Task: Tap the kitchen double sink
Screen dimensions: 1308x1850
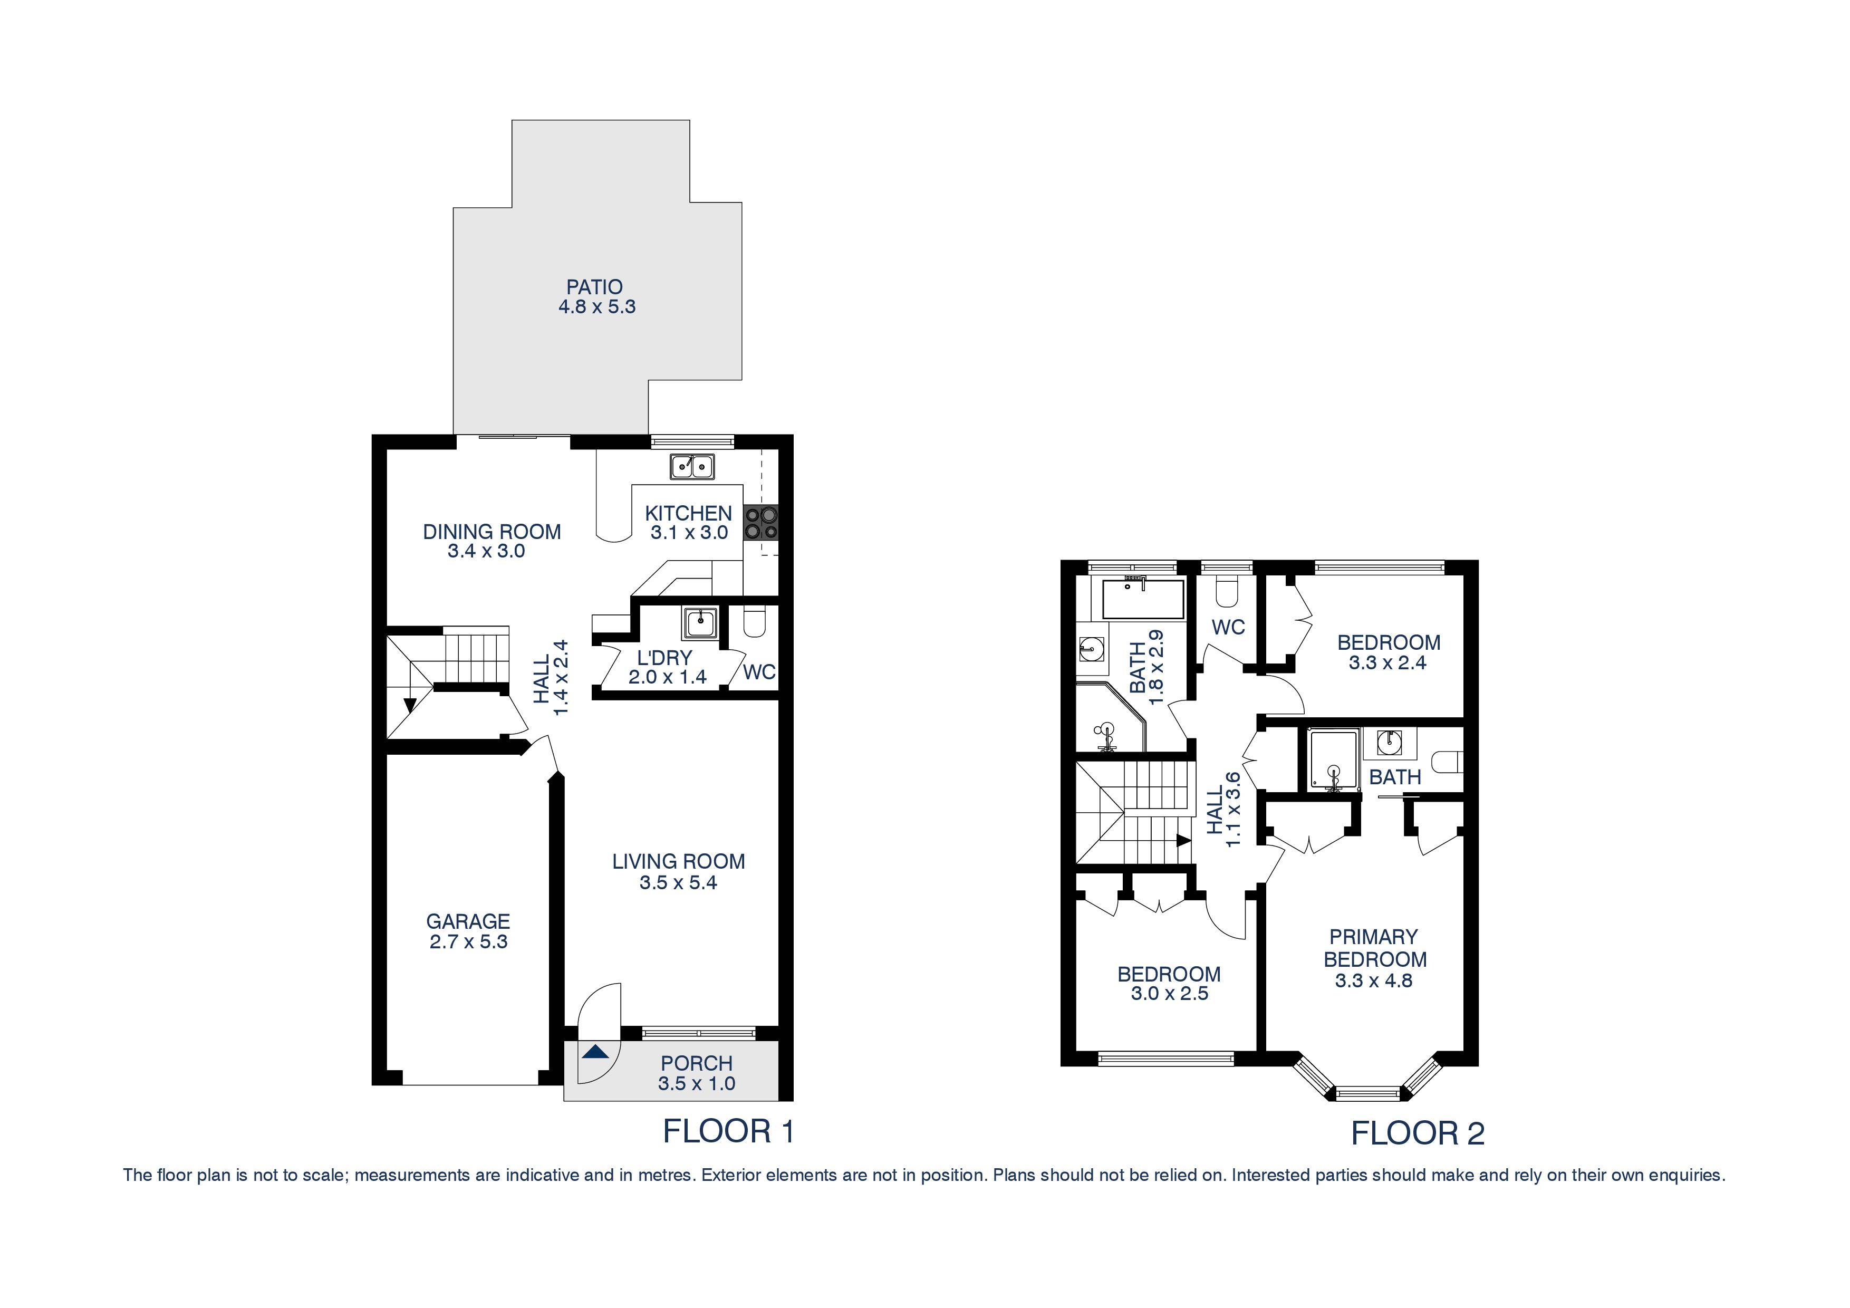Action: click(692, 466)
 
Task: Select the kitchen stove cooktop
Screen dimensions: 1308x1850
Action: click(760, 522)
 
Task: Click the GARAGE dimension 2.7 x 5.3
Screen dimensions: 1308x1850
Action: click(468, 941)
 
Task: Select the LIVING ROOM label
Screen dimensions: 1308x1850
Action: click(678, 861)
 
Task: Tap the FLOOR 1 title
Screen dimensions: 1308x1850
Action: click(728, 1131)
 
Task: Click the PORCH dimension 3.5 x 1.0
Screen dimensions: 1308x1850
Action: click(696, 1083)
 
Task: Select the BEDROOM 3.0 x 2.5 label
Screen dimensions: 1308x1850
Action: click(1168, 974)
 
